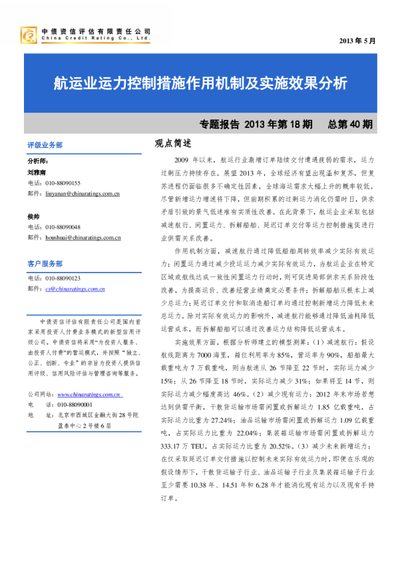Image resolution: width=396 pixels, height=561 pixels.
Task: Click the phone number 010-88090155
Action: click(62, 183)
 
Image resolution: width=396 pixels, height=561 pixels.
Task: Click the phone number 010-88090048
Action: click(62, 227)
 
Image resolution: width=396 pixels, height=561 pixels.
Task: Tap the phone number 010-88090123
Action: click(62, 278)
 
